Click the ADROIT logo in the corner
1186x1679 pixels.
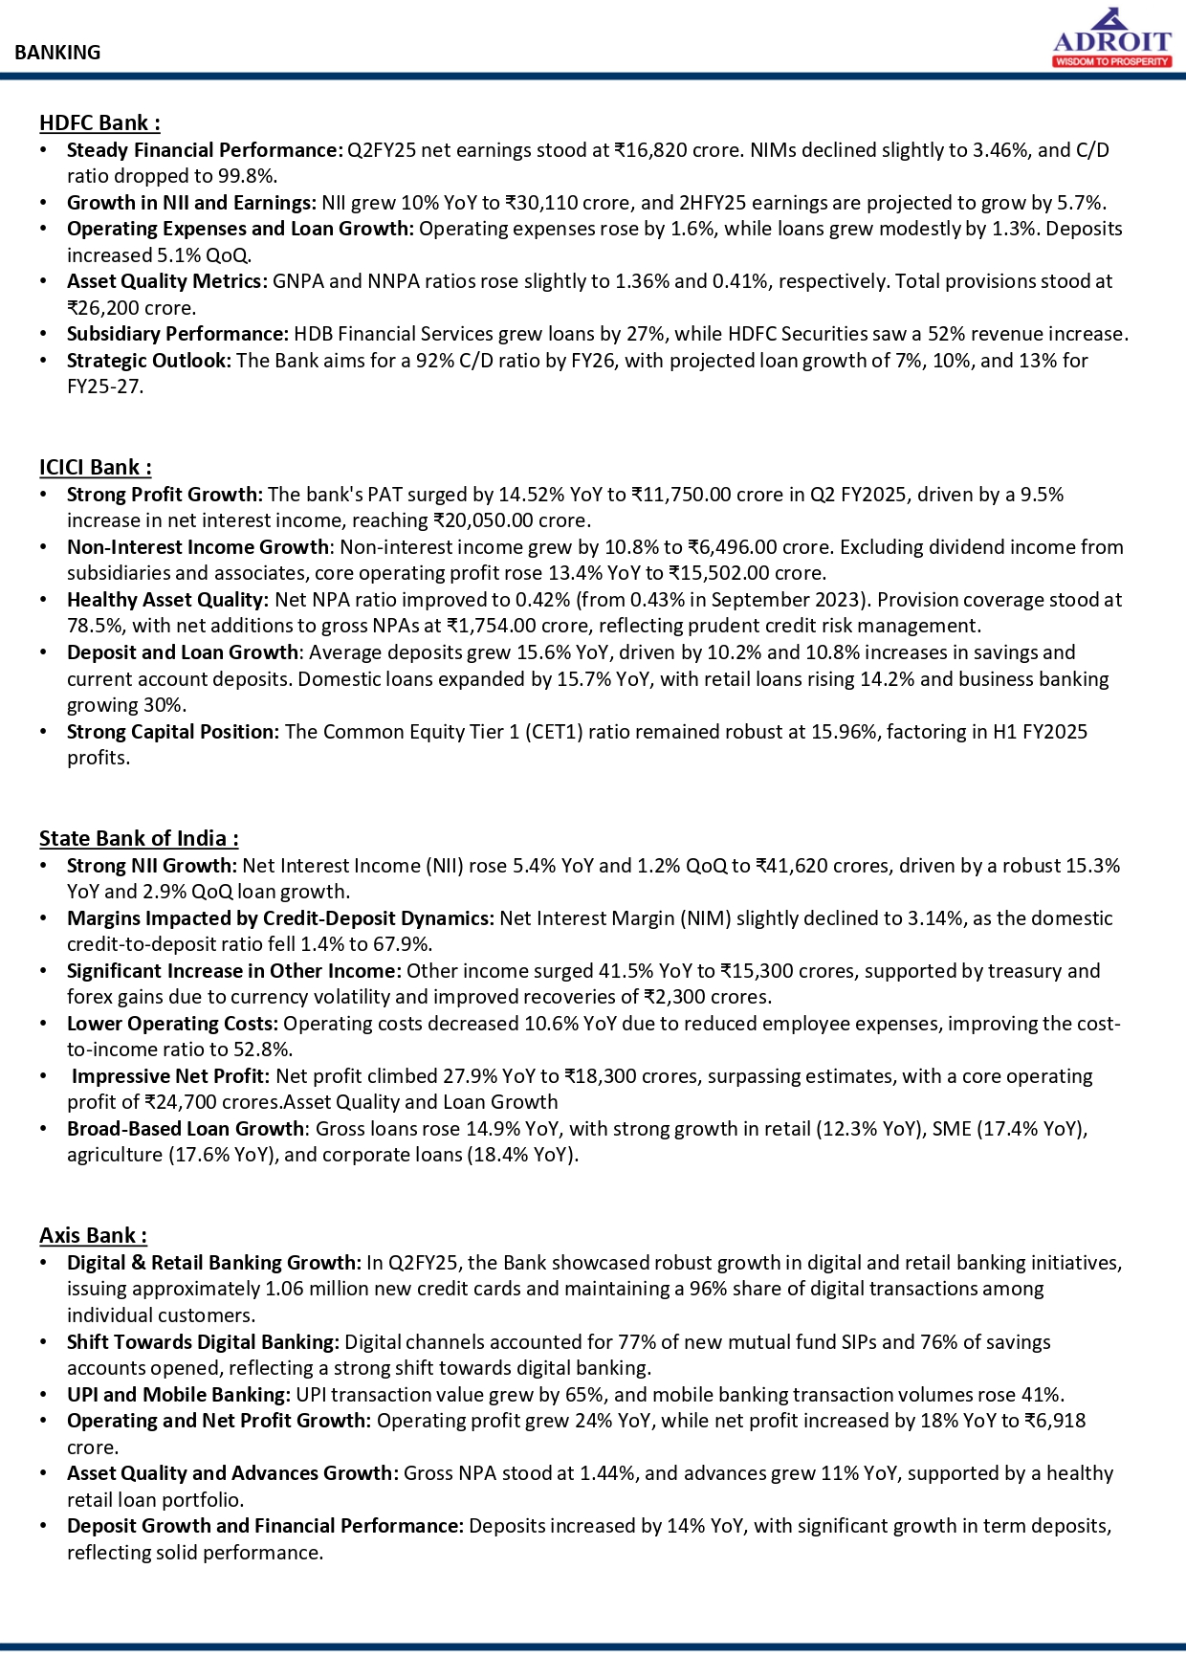click(1111, 38)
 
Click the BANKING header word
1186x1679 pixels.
click(57, 53)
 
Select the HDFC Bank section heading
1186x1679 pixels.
click(99, 122)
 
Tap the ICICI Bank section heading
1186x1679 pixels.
click(95, 467)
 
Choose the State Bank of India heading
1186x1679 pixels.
click(139, 838)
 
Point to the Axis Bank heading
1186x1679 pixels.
click(93, 1235)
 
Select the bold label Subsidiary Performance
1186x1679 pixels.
click(177, 334)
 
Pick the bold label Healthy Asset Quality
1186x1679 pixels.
click(167, 600)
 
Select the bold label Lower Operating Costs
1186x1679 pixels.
click(172, 1024)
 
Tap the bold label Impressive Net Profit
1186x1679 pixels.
click(170, 1076)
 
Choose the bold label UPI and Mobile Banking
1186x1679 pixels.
click(178, 1395)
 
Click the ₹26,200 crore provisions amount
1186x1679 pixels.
click(131, 308)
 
